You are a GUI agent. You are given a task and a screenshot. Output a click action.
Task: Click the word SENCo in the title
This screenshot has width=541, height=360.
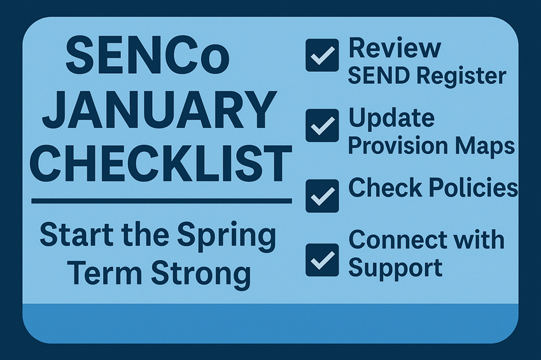(x=148, y=55)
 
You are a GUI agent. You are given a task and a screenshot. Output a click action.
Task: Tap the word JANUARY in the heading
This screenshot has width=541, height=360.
(x=160, y=109)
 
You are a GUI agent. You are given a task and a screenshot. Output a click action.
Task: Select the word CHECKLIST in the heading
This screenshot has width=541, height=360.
(x=161, y=163)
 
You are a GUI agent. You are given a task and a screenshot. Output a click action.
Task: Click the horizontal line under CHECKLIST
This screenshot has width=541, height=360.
(x=162, y=201)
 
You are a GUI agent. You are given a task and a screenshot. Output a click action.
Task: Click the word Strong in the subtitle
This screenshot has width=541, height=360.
(x=201, y=272)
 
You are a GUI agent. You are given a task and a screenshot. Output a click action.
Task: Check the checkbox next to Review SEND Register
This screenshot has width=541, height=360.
(x=322, y=55)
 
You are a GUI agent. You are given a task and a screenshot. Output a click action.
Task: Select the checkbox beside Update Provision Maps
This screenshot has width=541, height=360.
(x=322, y=125)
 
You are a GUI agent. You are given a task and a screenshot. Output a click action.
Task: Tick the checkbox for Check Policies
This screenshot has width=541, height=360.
(x=322, y=196)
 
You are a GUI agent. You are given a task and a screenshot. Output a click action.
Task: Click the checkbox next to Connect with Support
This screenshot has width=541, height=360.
(x=322, y=260)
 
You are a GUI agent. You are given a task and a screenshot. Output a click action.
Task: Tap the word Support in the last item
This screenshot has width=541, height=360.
(x=395, y=268)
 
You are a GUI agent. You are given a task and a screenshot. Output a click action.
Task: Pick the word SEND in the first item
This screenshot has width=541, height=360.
(x=379, y=76)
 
